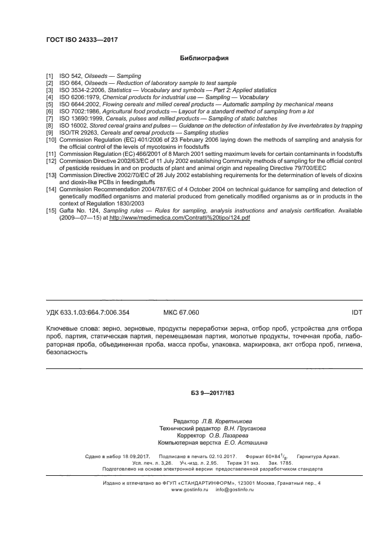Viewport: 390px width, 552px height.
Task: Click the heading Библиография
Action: click(204, 59)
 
